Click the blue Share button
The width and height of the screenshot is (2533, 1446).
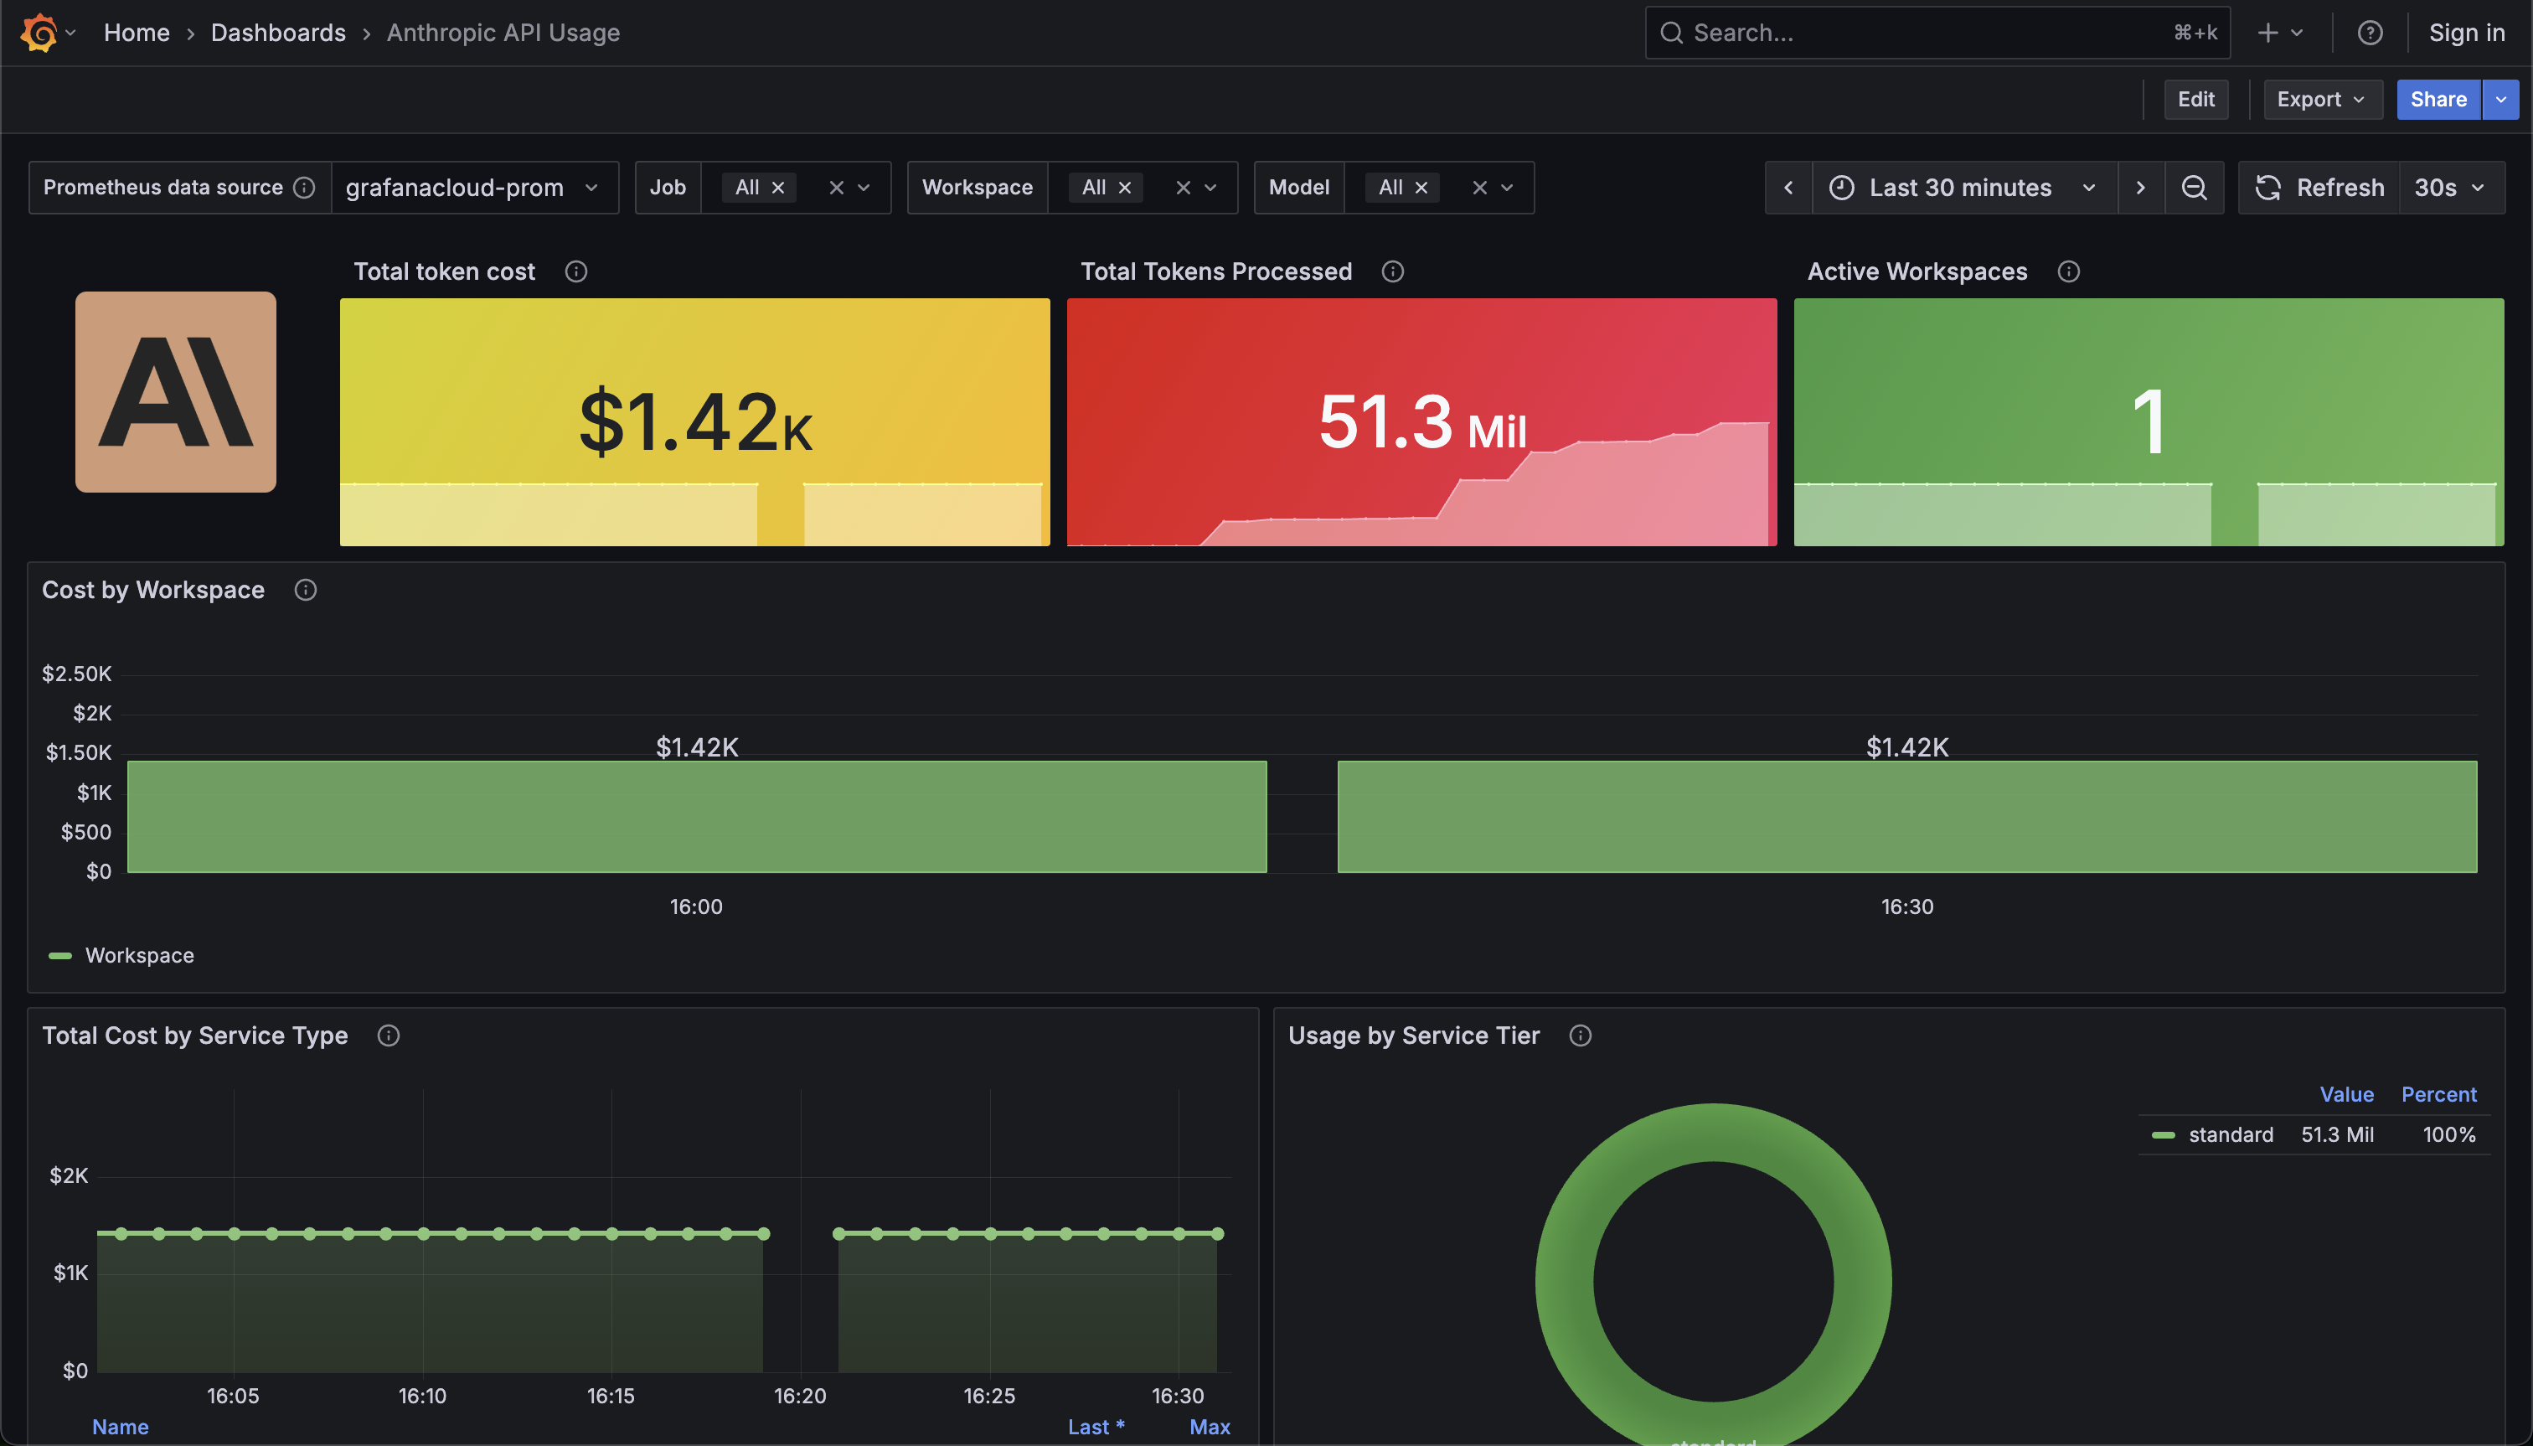coord(2438,100)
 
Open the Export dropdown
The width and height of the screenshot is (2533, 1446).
coord(2322,100)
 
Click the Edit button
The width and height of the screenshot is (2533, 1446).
coord(2195,100)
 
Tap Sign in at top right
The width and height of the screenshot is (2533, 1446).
coord(2467,33)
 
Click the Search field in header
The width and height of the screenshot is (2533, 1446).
coord(1927,33)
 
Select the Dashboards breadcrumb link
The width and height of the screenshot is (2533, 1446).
coord(278,33)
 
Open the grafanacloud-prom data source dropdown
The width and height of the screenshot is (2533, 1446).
coord(472,188)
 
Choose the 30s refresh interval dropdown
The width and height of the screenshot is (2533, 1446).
coord(2449,188)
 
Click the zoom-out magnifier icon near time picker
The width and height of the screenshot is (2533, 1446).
coord(2194,188)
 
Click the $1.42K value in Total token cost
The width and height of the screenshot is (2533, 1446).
coord(695,423)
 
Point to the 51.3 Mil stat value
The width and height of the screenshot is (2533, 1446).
coord(1422,423)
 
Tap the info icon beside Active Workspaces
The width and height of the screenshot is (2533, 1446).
coord(2068,272)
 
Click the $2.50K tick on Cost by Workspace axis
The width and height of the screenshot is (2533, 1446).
coord(76,674)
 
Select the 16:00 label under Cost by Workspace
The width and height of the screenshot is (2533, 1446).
coord(696,906)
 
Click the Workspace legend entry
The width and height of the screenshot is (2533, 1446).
coord(139,955)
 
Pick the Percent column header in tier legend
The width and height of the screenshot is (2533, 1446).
coord(2438,1094)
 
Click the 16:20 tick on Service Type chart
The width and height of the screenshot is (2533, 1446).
coord(800,1397)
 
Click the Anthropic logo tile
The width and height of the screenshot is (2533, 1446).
coord(176,392)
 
